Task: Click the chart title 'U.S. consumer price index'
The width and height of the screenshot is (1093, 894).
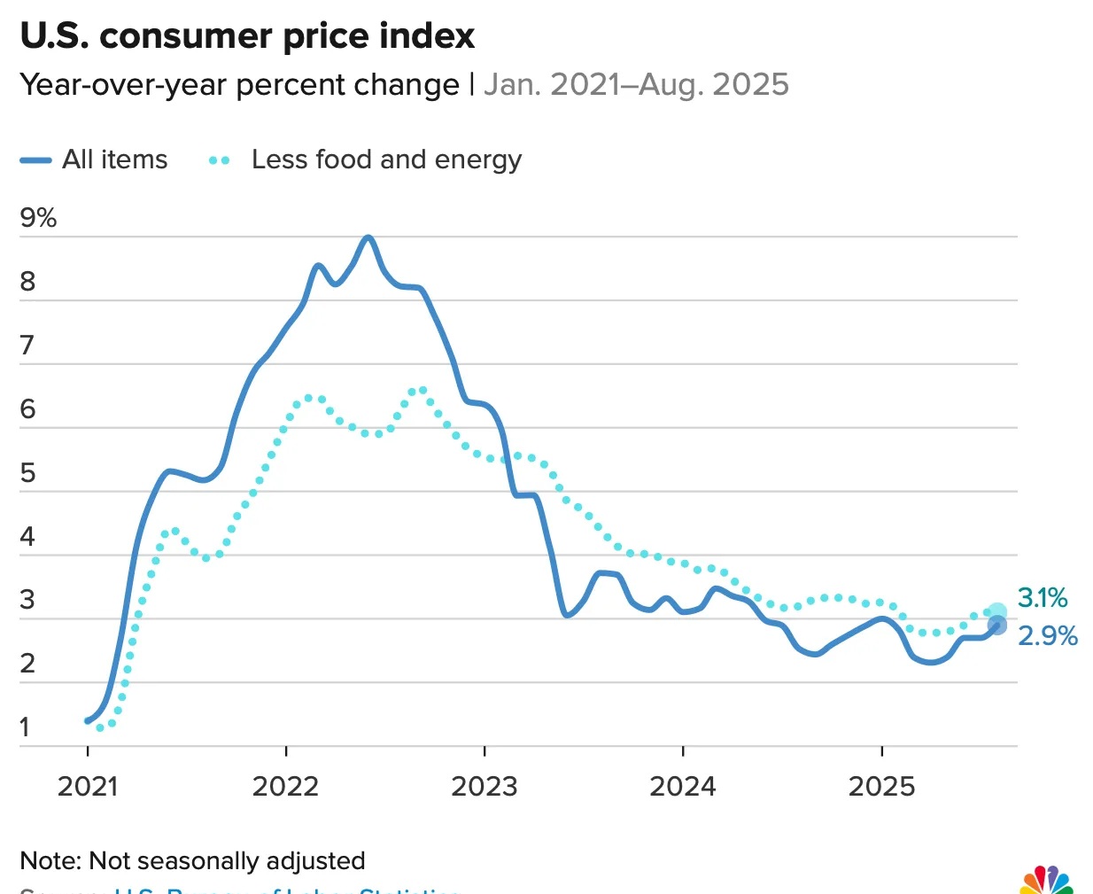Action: coord(247,36)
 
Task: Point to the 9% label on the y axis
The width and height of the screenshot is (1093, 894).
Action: coord(38,218)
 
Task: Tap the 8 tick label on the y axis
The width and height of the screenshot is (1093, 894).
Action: coord(28,282)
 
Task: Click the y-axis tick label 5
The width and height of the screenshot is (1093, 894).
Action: coord(28,473)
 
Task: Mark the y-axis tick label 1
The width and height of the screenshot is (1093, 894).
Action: coord(25,727)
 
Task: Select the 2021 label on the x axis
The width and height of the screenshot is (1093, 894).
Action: coord(87,786)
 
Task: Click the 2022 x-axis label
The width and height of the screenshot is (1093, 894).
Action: coord(285,786)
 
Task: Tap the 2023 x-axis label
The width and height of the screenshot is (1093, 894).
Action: coord(484,786)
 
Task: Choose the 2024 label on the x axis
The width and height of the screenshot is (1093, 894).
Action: coord(683,786)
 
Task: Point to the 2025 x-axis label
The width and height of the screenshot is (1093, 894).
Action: coord(881,786)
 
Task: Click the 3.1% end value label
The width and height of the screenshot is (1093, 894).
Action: coord(1043,598)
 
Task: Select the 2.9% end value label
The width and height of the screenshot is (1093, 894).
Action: coord(1048,636)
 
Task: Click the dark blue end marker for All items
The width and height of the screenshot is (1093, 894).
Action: coord(997,626)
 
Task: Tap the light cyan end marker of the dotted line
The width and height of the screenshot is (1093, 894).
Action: coord(997,611)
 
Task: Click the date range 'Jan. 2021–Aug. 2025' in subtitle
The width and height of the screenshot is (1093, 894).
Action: coord(636,85)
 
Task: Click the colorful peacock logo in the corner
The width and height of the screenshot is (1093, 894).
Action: coord(1046,882)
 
